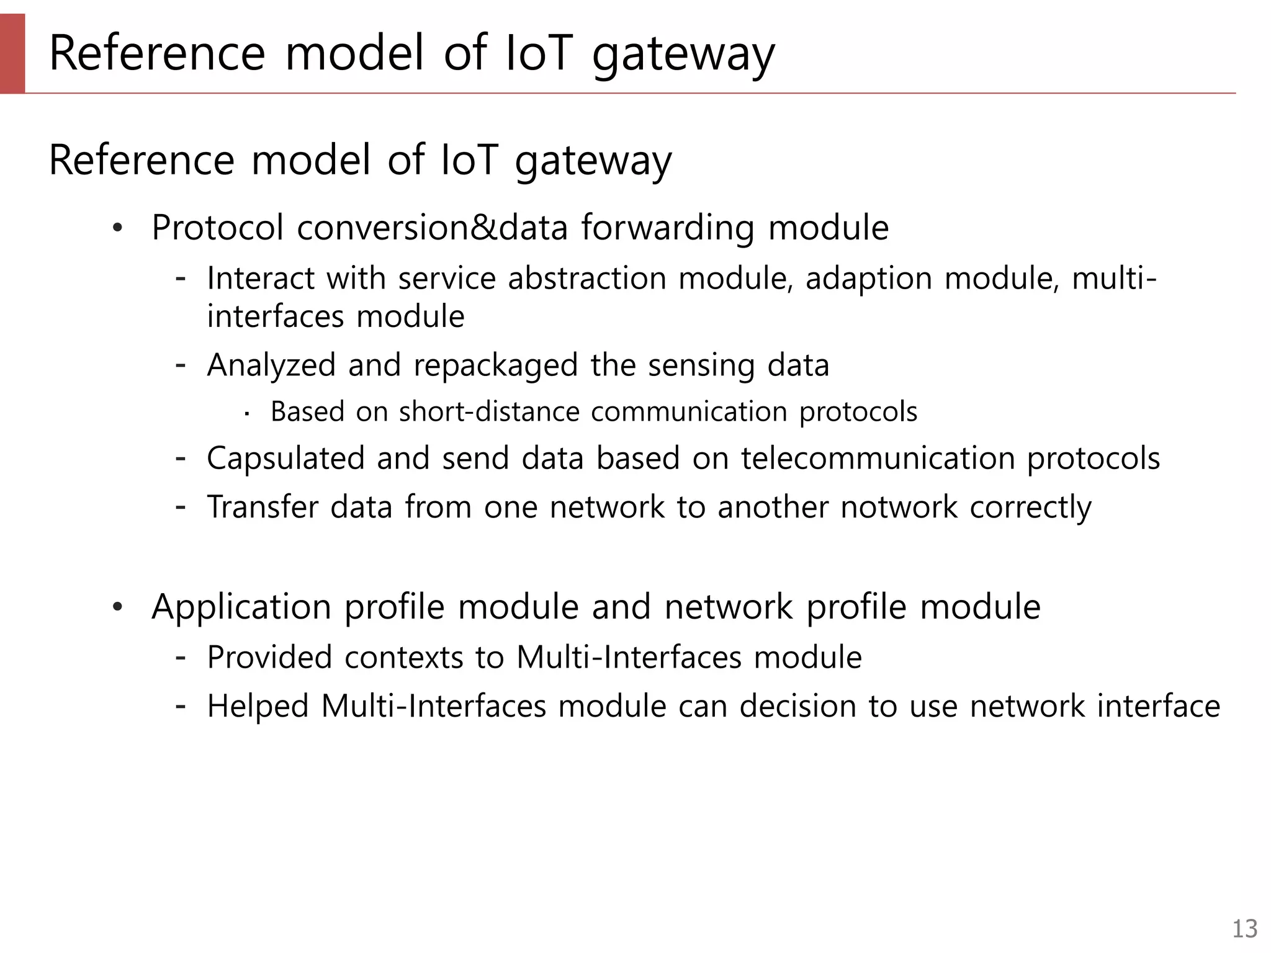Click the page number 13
(x=1244, y=929)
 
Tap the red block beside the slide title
(x=12, y=53)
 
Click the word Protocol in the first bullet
(x=218, y=228)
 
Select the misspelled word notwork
(x=899, y=507)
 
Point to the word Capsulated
(x=285, y=459)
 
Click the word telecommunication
(x=878, y=459)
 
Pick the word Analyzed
(x=271, y=365)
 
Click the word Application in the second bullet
(x=241, y=607)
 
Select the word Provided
(x=269, y=657)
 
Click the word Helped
(x=258, y=707)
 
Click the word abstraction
(x=587, y=278)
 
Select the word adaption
(x=869, y=279)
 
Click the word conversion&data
(x=433, y=228)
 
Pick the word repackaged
(x=495, y=365)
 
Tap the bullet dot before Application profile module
(x=118, y=607)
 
